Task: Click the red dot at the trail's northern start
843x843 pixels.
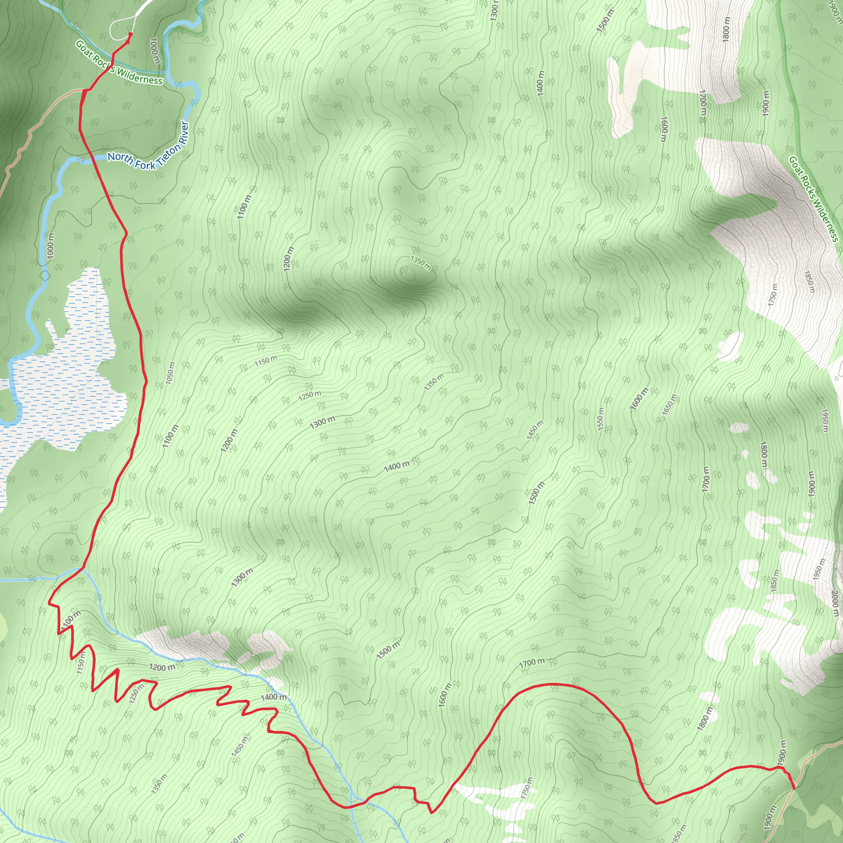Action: [130, 34]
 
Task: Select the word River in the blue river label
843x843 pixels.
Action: [184, 132]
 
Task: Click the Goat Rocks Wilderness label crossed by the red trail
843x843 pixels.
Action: [119, 62]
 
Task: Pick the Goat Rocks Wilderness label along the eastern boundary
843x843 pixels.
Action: [813, 198]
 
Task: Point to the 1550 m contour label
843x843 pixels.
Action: [601, 419]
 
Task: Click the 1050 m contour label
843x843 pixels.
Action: [170, 373]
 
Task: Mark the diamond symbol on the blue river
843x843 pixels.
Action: [45, 275]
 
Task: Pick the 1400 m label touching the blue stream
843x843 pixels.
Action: [274, 697]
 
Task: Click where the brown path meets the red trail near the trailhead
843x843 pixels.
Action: [84, 90]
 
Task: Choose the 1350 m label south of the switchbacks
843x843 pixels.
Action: [159, 783]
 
